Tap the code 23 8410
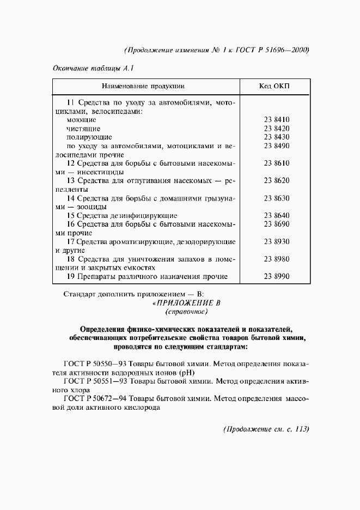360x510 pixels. point(276,119)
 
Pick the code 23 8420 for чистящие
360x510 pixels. point(276,128)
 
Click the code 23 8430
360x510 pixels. point(276,137)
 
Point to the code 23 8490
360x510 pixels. point(276,145)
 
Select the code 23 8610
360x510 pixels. point(276,163)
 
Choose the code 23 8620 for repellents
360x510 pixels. point(276,180)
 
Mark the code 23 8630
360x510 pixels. point(276,198)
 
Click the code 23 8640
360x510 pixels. point(276,215)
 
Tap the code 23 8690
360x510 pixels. point(276,224)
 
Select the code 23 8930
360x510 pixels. point(276,241)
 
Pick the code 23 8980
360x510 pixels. point(276,259)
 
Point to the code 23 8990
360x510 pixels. point(276,276)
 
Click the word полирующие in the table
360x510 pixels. point(89,137)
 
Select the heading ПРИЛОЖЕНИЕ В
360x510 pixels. point(187,303)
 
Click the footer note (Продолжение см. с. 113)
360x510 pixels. point(266,429)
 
